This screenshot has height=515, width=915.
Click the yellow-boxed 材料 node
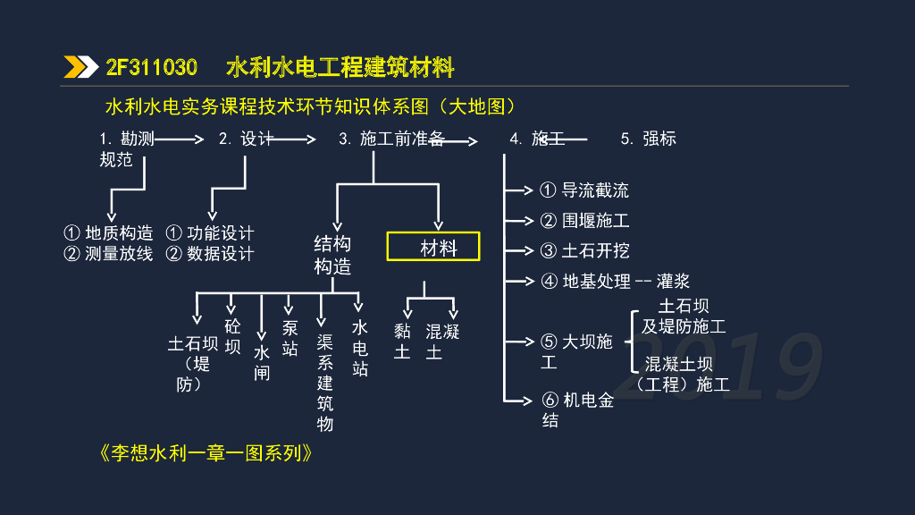click(433, 247)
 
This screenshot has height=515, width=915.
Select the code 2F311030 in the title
click(152, 68)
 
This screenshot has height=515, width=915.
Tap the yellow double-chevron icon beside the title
click(80, 68)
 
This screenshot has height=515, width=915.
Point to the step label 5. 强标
click(649, 139)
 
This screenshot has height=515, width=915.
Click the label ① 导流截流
click(584, 190)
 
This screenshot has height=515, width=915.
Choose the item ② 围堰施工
click(584, 220)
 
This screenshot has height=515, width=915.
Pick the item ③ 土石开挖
click(584, 250)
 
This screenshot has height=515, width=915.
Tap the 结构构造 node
click(332, 255)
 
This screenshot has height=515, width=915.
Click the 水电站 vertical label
click(360, 348)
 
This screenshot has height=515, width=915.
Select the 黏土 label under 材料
click(403, 342)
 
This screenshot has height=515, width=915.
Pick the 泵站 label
click(290, 338)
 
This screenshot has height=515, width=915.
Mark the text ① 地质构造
click(108, 232)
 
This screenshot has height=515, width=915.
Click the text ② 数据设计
click(210, 254)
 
